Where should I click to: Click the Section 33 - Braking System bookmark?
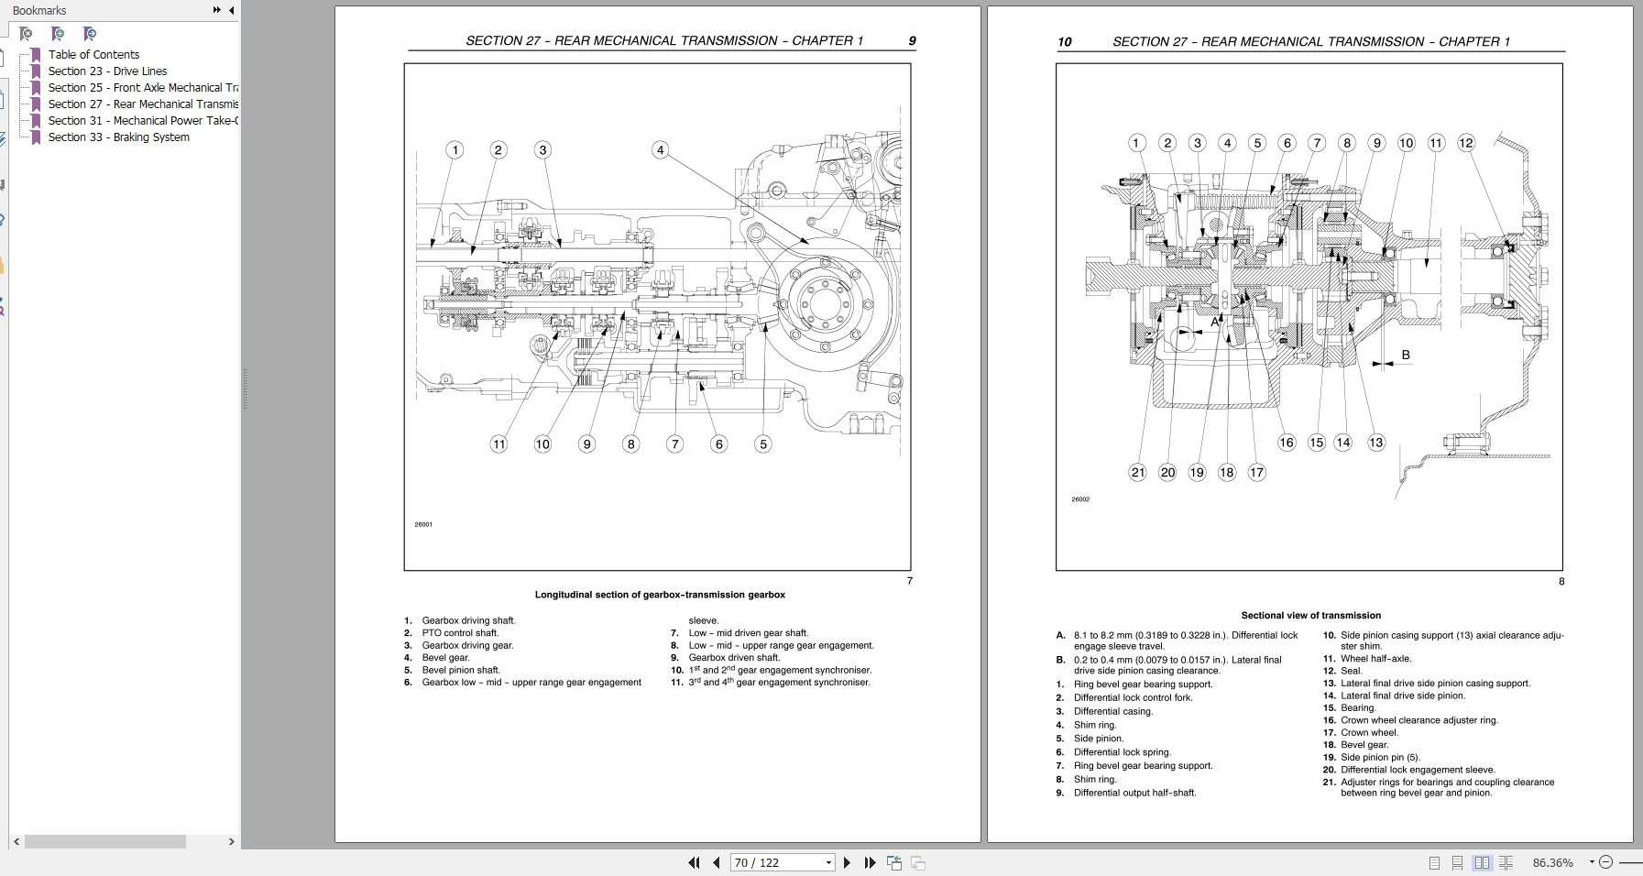(x=118, y=137)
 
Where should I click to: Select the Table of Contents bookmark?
(x=93, y=55)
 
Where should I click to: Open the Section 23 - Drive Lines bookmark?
(x=107, y=71)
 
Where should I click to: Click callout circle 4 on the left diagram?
(x=660, y=149)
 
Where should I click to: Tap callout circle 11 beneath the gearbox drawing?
(x=498, y=444)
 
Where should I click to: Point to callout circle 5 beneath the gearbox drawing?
(x=762, y=444)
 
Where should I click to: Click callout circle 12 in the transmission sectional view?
(x=1466, y=143)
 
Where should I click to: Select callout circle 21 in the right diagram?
(x=1137, y=473)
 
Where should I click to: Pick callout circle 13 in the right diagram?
(x=1375, y=443)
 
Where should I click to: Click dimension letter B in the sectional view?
(x=1405, y=356)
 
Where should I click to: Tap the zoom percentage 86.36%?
(x=1552, y=862)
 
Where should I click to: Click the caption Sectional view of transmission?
(x=1310, y=616)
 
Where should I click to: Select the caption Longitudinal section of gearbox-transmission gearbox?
(x=660, y=595)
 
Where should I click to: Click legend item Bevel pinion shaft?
(x=461, y=670)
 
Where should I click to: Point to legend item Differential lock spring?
(x=1122, y=752)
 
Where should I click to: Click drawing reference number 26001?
(x=423, y=525)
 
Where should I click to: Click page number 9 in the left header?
(x=912, y=40)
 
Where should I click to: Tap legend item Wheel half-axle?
(x=1375, y=659)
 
